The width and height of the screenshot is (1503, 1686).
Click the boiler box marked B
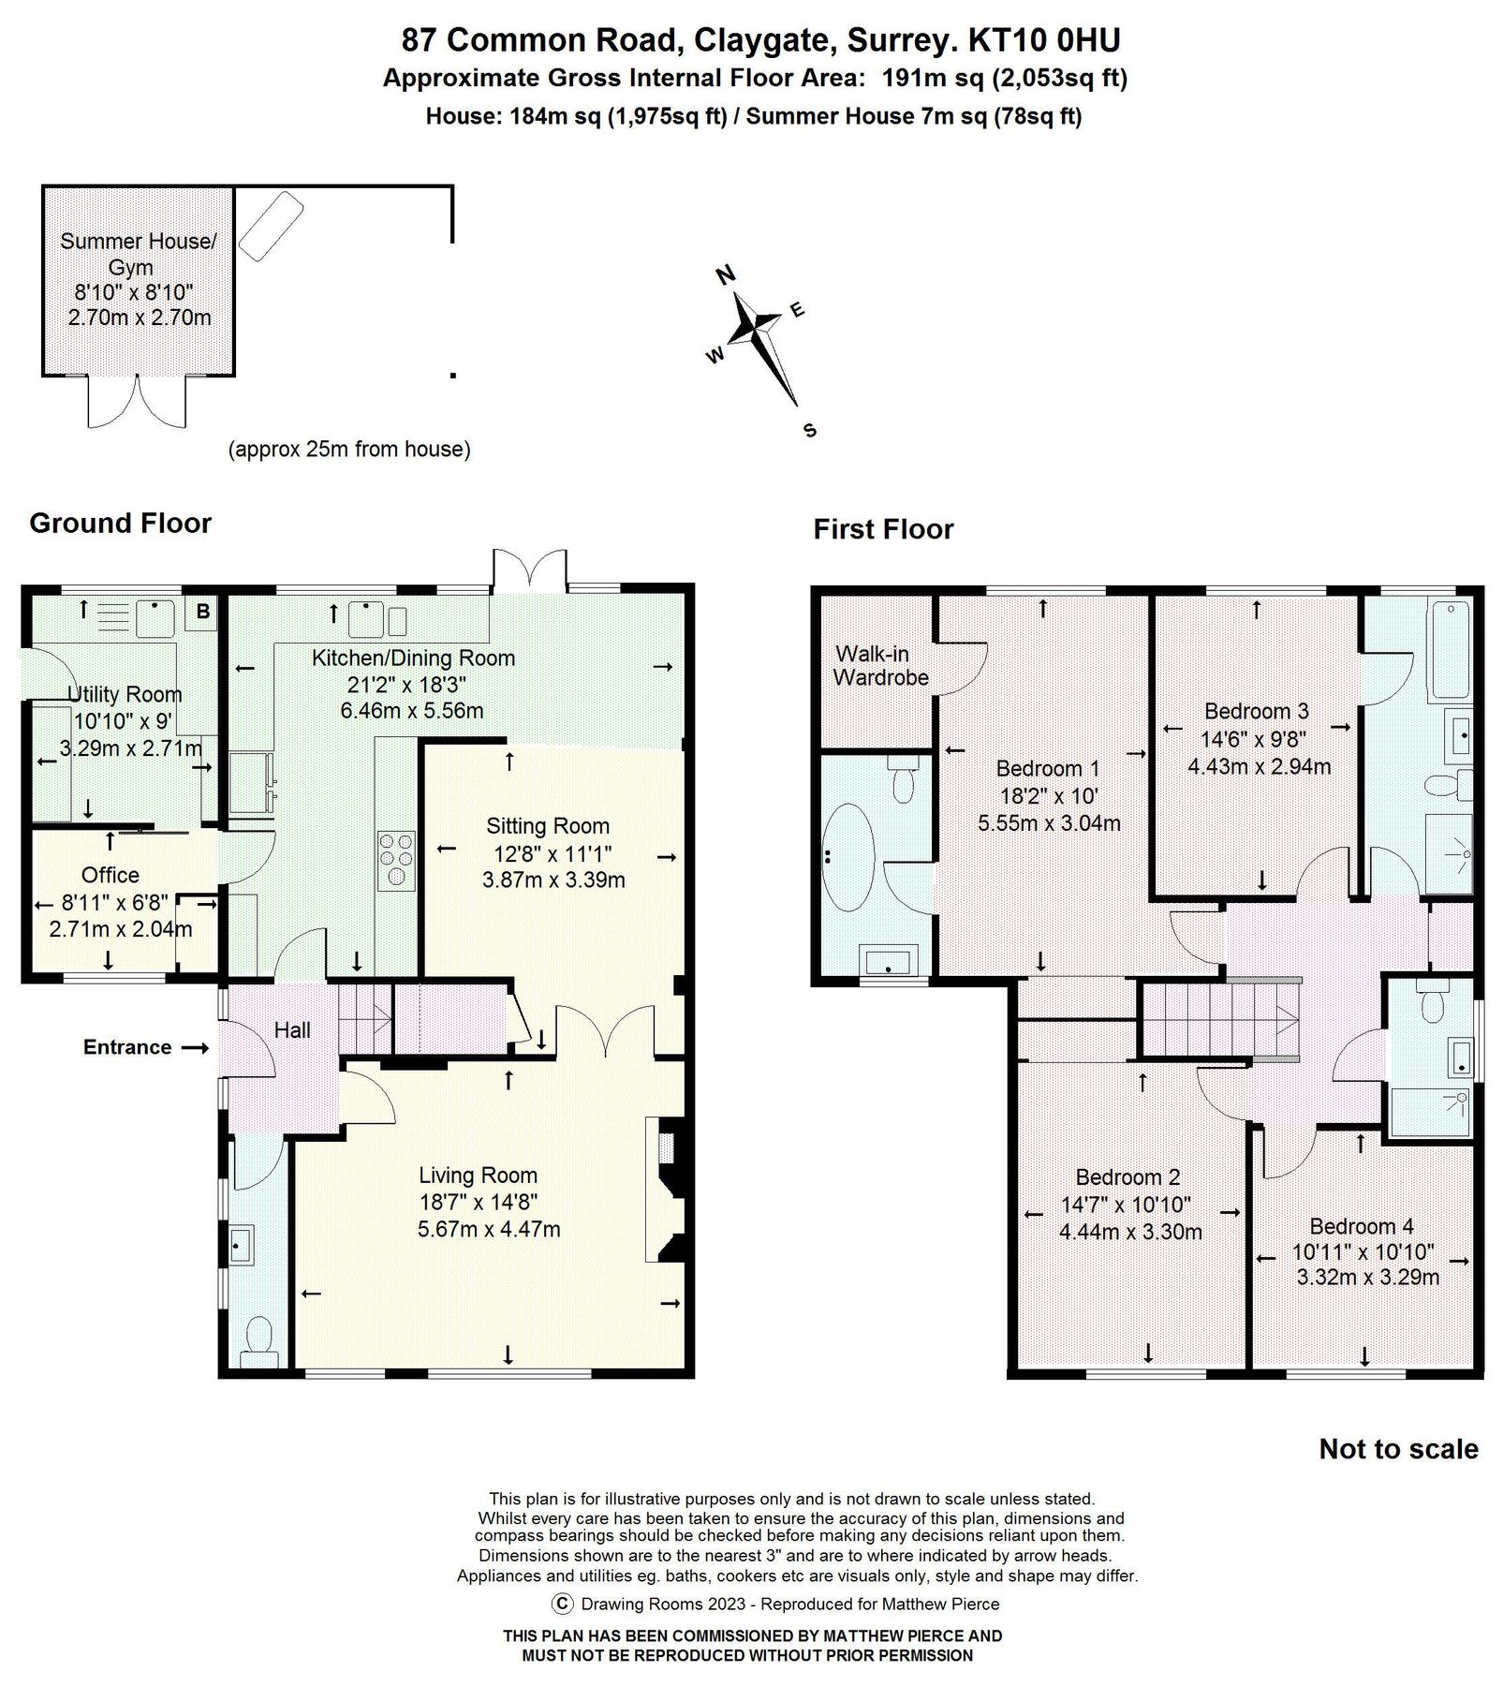[x=202, y=613]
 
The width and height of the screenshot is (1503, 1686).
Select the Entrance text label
[x=127, y=1047]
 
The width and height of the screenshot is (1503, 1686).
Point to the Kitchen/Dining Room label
[x=413, y=658]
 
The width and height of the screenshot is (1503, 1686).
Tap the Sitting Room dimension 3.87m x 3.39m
[x=553, y=880]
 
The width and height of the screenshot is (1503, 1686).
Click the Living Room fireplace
[x=669, y=1190]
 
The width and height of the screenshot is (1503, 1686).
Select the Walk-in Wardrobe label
[x=880, y=666]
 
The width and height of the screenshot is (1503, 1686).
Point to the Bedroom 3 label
[x=1256, y=712]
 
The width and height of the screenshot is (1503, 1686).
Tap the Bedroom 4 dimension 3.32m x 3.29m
[x=1367, y=1277]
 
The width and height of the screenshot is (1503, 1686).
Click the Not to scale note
[x=1398, y=1449]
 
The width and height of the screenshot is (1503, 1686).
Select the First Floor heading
[x=882, y=530]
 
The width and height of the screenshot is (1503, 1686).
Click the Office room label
[x=111, y=875]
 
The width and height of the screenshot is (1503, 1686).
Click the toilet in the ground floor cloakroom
[x=256, y=1338]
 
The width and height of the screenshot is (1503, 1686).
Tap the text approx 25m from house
[x=349, y=450]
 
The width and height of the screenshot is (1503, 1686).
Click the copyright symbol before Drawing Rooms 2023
[x=562, y=1604]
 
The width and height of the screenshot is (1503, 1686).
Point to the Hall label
[x=292, y=1030]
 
